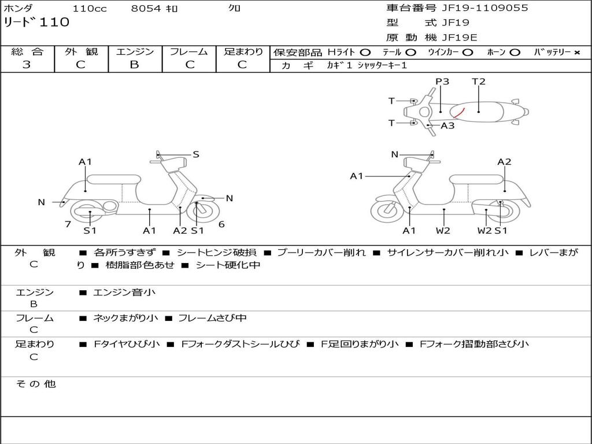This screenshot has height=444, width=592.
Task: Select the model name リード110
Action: coord(36,23)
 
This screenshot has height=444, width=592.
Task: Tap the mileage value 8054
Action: coord(146,8)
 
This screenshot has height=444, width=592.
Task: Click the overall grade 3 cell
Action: coord(27,65)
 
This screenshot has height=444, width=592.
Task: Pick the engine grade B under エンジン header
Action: coord(134,65)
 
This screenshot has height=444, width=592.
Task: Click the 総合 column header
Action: coord(27,52)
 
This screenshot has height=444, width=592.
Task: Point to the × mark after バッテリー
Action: coord(576,53)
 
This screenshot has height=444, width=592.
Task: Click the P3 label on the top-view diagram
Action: coord(442,82)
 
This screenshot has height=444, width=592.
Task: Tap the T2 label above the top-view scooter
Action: coord(479,82)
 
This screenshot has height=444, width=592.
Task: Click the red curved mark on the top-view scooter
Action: coord(459,112)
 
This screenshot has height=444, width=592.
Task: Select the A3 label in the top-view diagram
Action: coord(447,125)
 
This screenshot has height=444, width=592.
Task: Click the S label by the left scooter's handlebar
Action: coord(196,154)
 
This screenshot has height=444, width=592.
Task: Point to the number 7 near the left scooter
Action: coord(68,224)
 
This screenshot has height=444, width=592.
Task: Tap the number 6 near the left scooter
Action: coord(221,224)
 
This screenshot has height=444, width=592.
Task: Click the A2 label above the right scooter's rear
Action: coord(504,162)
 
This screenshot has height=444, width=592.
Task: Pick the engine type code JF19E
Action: coord(460,38)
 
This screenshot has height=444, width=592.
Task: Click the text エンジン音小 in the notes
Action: coord(124,293)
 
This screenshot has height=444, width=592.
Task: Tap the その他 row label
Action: coord(35,384)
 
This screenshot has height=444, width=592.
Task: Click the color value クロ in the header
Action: coord(234,8)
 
